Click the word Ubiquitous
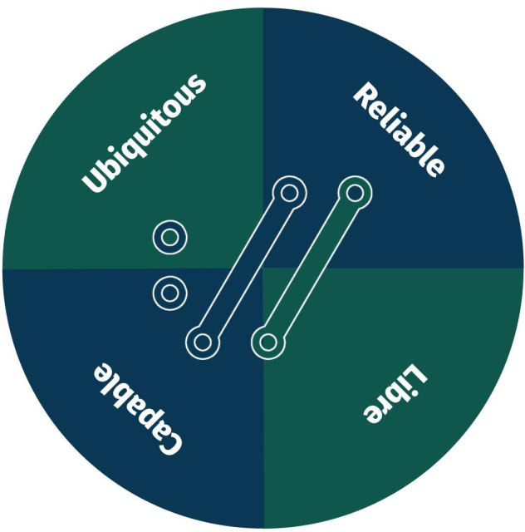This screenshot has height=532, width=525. [x=145, y=133]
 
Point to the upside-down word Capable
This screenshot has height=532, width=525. [x=136, y=407]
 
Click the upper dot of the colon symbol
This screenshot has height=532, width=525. [x=170, y=238]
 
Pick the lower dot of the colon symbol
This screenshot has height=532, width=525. [x=170, y=293]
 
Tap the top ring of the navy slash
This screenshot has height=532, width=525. [x=289, y=193]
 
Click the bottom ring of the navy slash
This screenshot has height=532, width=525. [x=202, y=342]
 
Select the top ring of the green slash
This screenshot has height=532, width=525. [x=355, y=193]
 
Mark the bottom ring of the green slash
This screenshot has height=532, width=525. [x=267, y=342]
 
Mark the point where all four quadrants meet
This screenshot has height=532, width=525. [x=263, y=268]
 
